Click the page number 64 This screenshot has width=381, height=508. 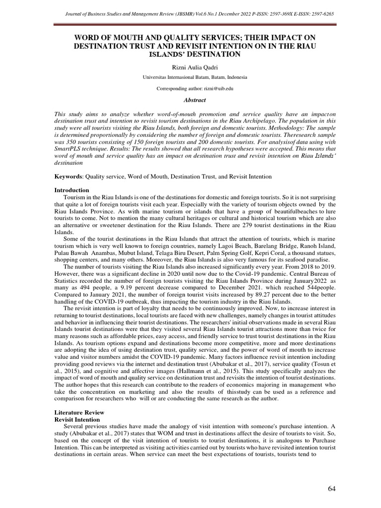pos(332,489)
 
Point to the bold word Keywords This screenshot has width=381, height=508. pos(67,177)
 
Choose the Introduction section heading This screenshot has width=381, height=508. pos(71,190)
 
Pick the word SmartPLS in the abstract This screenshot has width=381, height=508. pos(71,148)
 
